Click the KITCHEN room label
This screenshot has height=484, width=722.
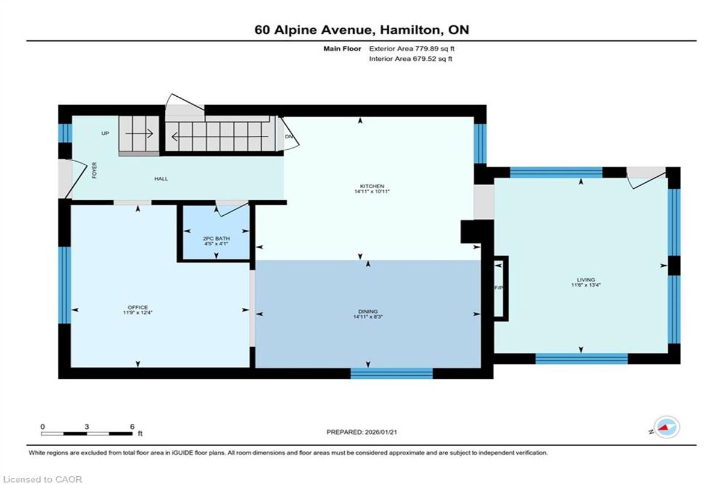click(372, 186)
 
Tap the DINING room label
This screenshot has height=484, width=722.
click(368, 311)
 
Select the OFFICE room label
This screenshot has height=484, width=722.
click(138, 307)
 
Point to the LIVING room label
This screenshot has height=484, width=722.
click(586, 280)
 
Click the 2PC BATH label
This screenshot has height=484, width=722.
click(216, 239)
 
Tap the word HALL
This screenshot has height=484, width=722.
click(161, 179)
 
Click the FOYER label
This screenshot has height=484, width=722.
click(94, 170)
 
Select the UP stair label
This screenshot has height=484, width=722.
click(105, 133)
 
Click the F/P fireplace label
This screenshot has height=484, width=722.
click(498, 287)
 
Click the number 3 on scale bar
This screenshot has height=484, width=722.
click(87, 427)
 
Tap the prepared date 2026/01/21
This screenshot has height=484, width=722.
click(380, 432)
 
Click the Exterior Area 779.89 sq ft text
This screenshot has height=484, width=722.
click(412, 49)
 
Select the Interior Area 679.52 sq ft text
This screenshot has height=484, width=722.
click(410, 58)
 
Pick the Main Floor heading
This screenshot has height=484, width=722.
click(342, 49)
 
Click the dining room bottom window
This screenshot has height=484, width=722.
click(392, 373)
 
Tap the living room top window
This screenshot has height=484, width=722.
click(557, 173)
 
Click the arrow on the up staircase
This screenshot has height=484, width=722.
click(139, 133)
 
